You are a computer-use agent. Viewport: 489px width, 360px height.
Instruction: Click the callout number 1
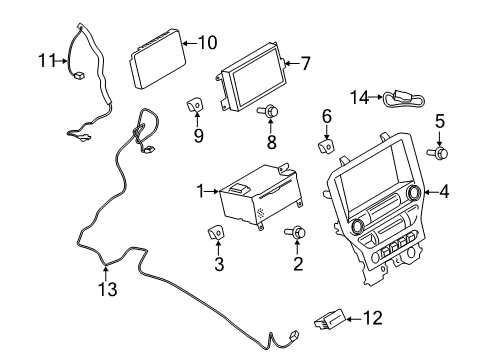(199, 190)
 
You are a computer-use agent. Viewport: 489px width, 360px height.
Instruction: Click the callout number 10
(207, 42)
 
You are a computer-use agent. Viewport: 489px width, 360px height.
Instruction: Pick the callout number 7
(305, 63)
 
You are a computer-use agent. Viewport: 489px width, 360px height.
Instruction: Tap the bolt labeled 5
(441, 153)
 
